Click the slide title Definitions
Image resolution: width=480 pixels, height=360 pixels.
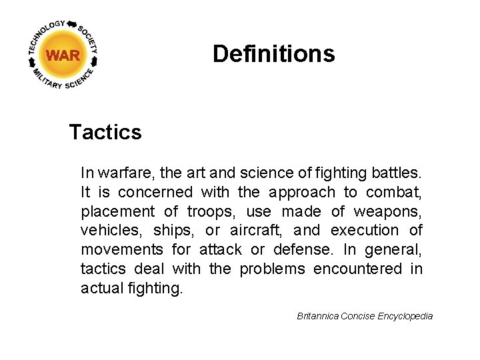click(x=273, y=53)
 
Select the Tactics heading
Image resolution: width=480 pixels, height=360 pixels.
click(x=105, y=132)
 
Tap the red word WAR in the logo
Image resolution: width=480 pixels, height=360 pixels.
click(x=63, y=55)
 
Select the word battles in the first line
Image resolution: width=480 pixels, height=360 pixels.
click(x=398, y=173)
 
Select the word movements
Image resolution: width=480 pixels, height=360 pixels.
click(x=122, y=250)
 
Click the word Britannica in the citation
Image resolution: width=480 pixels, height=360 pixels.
click(x=317, y=316)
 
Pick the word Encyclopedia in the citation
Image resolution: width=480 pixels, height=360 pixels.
click(x=405, y=316)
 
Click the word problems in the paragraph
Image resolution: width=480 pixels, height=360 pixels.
click(x=272, y=269)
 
